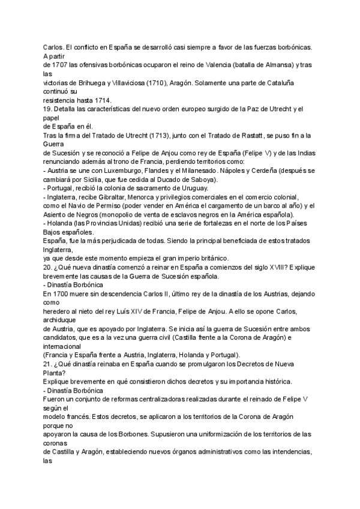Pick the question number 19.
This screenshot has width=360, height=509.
pyautogui.click(x=47, y=108)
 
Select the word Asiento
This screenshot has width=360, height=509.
pyautogui.click(x=58, y=214)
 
